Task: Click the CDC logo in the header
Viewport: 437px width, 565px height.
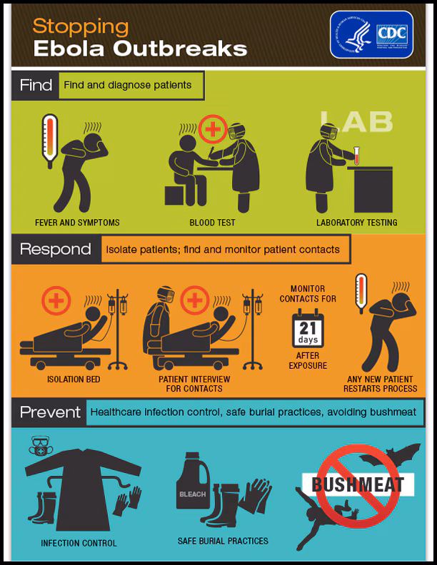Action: [371, 34]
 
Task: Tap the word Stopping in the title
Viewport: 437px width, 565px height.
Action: [81, 26]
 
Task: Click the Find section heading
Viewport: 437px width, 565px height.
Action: [36, 86]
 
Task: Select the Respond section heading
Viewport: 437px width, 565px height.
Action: [55, 250]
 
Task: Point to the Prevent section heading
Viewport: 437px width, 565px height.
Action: [49, 412]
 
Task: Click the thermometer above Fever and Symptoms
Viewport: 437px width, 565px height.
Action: [49, 141]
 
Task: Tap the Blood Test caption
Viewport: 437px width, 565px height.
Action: [212, 223]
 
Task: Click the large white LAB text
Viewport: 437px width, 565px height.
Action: [356, 121]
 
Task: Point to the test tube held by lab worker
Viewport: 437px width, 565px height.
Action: [356, 155]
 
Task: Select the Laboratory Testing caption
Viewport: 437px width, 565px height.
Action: [356, 223]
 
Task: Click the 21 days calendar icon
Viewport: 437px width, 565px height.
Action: [308, 330]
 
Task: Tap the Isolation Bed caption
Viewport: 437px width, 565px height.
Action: [74, 380]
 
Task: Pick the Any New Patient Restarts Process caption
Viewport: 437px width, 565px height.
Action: [380, 384]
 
